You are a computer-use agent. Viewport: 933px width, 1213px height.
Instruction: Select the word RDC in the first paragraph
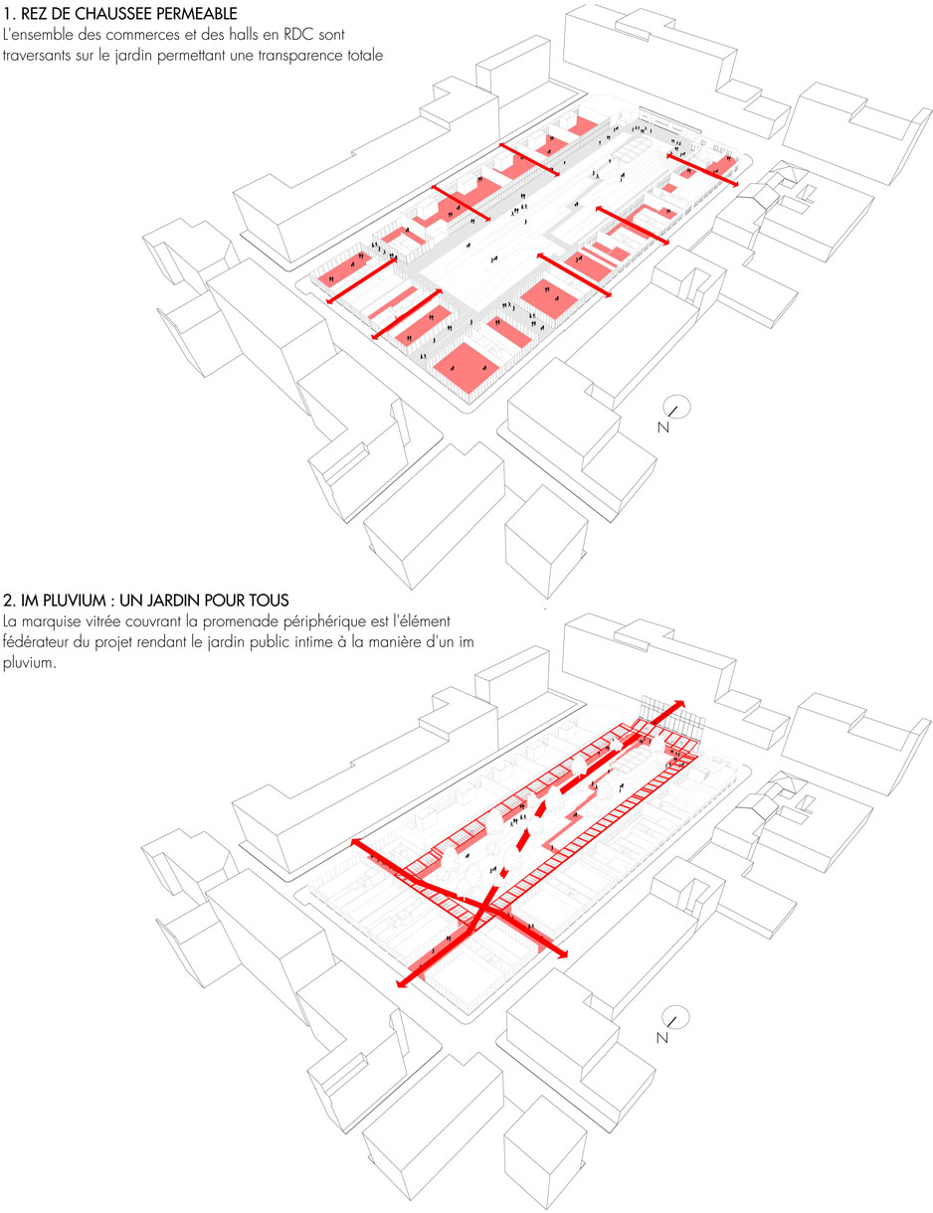coord(298,35)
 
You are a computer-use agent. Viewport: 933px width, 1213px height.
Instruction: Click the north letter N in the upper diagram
coord(662,428)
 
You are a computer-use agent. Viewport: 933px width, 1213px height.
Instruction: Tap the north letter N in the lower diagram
coord(661,1038)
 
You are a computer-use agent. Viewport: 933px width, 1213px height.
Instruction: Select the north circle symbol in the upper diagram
coord(677,408)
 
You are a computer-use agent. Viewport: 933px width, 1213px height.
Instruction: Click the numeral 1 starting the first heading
coord(7,13)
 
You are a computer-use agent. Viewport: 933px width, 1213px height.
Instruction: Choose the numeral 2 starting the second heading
coord(8,601)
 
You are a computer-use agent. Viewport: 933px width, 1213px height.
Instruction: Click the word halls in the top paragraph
coord(244,35)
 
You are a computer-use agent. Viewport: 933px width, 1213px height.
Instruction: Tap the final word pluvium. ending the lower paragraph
coord(30,664)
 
